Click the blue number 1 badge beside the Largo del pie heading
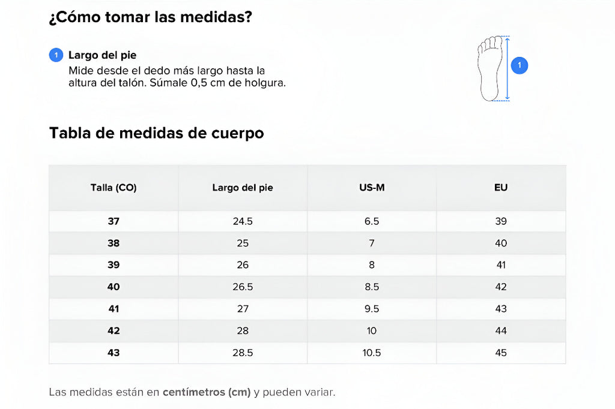(56, 55)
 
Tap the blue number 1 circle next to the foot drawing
(520, 65)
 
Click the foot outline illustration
(489, 68)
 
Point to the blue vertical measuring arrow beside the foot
(507, 68)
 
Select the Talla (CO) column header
(114, 188)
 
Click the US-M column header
(372, 188)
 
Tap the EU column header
(501, 188)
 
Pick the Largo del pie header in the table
(243, 188)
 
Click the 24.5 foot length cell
(243, 221)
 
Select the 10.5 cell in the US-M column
(372, 353)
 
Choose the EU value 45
(501, 353)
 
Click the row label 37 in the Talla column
(114, 221)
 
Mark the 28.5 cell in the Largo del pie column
(243, 353)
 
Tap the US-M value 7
(372, 243)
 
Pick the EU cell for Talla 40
(501, 287)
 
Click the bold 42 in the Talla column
(114, 330)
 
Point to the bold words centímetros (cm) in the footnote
(207, 393)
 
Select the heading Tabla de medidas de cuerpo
(156, 133)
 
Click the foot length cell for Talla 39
(243, 265)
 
